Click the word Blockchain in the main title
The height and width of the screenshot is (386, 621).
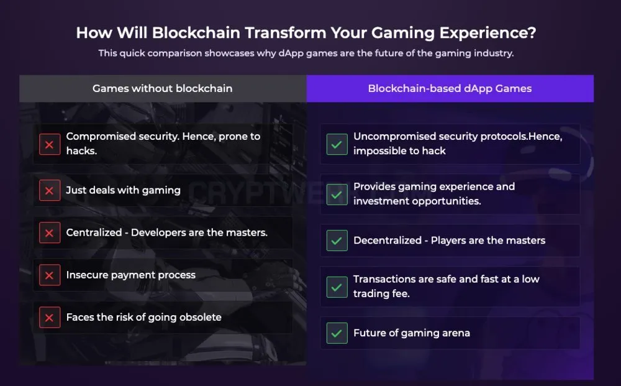[196, 32]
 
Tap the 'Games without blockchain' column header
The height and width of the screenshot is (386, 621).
[162, 88]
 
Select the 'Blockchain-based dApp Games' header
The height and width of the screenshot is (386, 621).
[450, 88]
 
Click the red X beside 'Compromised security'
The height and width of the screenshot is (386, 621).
[50, 144]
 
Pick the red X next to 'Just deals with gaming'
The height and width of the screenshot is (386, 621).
[50, 191]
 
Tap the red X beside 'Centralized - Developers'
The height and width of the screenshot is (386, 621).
[50, 232]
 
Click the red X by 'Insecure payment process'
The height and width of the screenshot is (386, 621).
[50, 275]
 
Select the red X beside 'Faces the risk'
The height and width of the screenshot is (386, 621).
[50, 318]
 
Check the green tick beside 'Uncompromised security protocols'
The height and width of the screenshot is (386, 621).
[337, 144]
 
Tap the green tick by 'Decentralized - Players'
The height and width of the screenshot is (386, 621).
[337, 241]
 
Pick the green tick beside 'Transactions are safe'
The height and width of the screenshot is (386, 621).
[337, 287]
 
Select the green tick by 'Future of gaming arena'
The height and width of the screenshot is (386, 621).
[337, 333]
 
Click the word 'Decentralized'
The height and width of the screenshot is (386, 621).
[388, 240]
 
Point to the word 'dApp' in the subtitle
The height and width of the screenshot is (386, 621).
[291, 53]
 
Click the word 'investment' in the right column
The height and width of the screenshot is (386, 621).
[381, 201]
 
